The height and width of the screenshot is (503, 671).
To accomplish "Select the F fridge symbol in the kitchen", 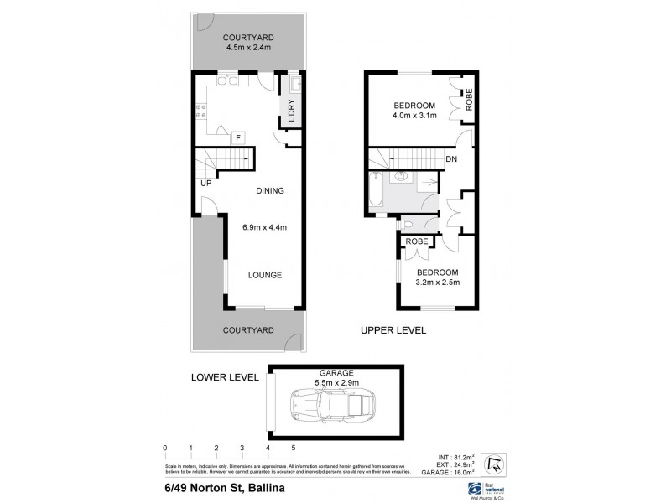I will click(237, 137).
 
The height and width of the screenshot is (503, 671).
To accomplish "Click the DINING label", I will click(270, 191).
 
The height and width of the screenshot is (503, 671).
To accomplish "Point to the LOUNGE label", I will click(264, 275).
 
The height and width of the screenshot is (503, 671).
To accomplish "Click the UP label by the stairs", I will click(205, 182).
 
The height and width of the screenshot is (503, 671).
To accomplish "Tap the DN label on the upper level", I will click(450, 159).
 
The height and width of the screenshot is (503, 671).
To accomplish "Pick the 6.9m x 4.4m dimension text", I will click(264, 227).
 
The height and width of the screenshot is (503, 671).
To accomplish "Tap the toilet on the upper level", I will click(408, 224).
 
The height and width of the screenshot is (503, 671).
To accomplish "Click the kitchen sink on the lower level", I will click(227, 80).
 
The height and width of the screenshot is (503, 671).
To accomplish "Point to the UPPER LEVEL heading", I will click(393, 330).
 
